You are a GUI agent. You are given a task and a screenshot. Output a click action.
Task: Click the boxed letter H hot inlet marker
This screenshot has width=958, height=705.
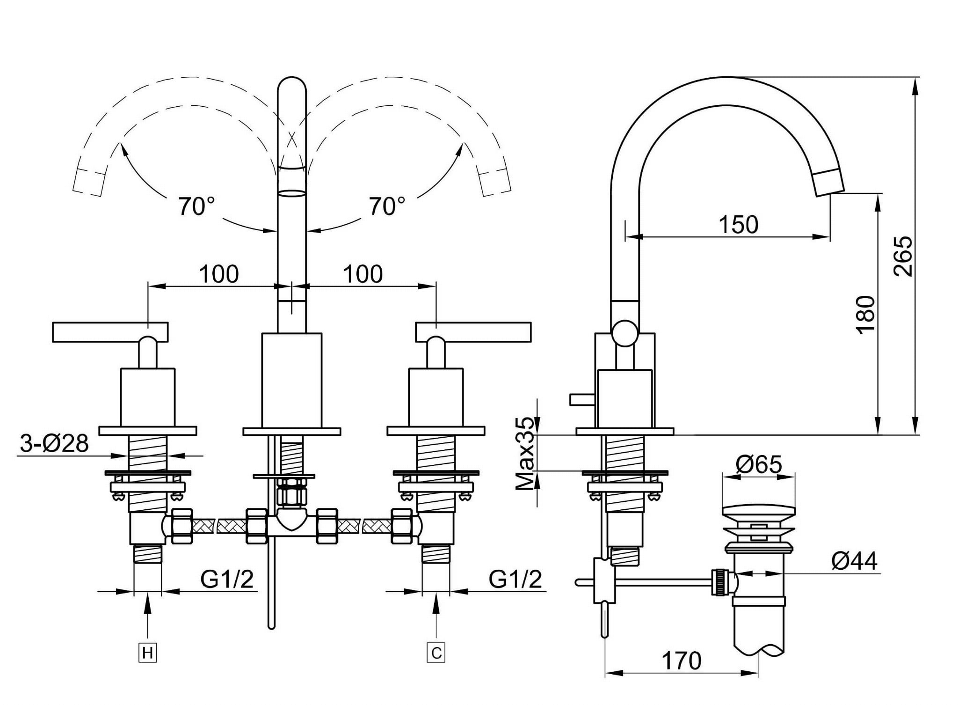click(147, 653)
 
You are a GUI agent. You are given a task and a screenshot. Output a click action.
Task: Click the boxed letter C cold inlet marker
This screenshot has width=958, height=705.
click(436, 653)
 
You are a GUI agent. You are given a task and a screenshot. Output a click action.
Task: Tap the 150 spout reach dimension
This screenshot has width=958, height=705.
click(738, 225)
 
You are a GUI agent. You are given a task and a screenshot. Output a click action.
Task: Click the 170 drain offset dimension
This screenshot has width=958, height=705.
click(681, 661)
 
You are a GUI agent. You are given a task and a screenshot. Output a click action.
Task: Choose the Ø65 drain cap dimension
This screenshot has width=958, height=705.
click(759, 464)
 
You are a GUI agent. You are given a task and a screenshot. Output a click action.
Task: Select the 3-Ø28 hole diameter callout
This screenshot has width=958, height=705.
click(54, 443)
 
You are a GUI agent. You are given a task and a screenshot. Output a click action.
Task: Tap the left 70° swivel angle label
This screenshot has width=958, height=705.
click(196, 206)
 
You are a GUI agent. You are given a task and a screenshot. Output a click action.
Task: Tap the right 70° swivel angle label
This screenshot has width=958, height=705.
click(387, 206)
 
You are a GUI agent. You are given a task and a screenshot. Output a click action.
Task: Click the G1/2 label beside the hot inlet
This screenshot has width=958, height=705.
click(227, 579)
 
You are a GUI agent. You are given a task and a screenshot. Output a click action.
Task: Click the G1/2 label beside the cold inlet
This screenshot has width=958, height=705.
click(515, 579)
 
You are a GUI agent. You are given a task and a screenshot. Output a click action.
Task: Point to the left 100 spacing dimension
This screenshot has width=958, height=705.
click(219, 274)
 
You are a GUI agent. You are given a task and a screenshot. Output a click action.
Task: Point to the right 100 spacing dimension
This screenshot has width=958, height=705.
click(363, 274)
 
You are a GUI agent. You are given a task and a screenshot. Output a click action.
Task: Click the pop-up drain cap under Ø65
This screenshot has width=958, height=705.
click(759, 511)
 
